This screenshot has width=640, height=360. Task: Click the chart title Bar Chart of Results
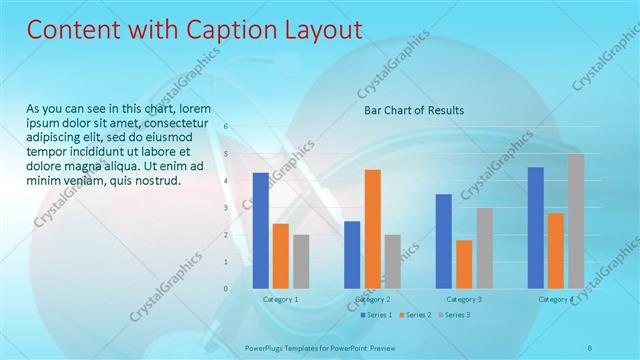[413, 110]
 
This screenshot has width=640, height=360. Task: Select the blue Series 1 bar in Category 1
[261, 230]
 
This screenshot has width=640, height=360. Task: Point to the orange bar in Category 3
[464, 264]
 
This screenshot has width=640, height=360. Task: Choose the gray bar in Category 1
[301, 261]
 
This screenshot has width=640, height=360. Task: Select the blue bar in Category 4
[536, 227]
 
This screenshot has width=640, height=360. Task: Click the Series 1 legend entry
[376, 315]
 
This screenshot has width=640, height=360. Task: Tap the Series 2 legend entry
[415, 315]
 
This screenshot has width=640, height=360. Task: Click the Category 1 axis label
[280, 299]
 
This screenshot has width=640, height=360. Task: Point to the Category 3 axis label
[464, 299]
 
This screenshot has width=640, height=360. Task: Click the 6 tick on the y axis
[226, 127]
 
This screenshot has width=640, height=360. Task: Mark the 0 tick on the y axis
[226, 289]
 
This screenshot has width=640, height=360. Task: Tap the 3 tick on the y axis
[226, 208]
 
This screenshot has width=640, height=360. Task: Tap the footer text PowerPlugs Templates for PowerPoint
[307, 347]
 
